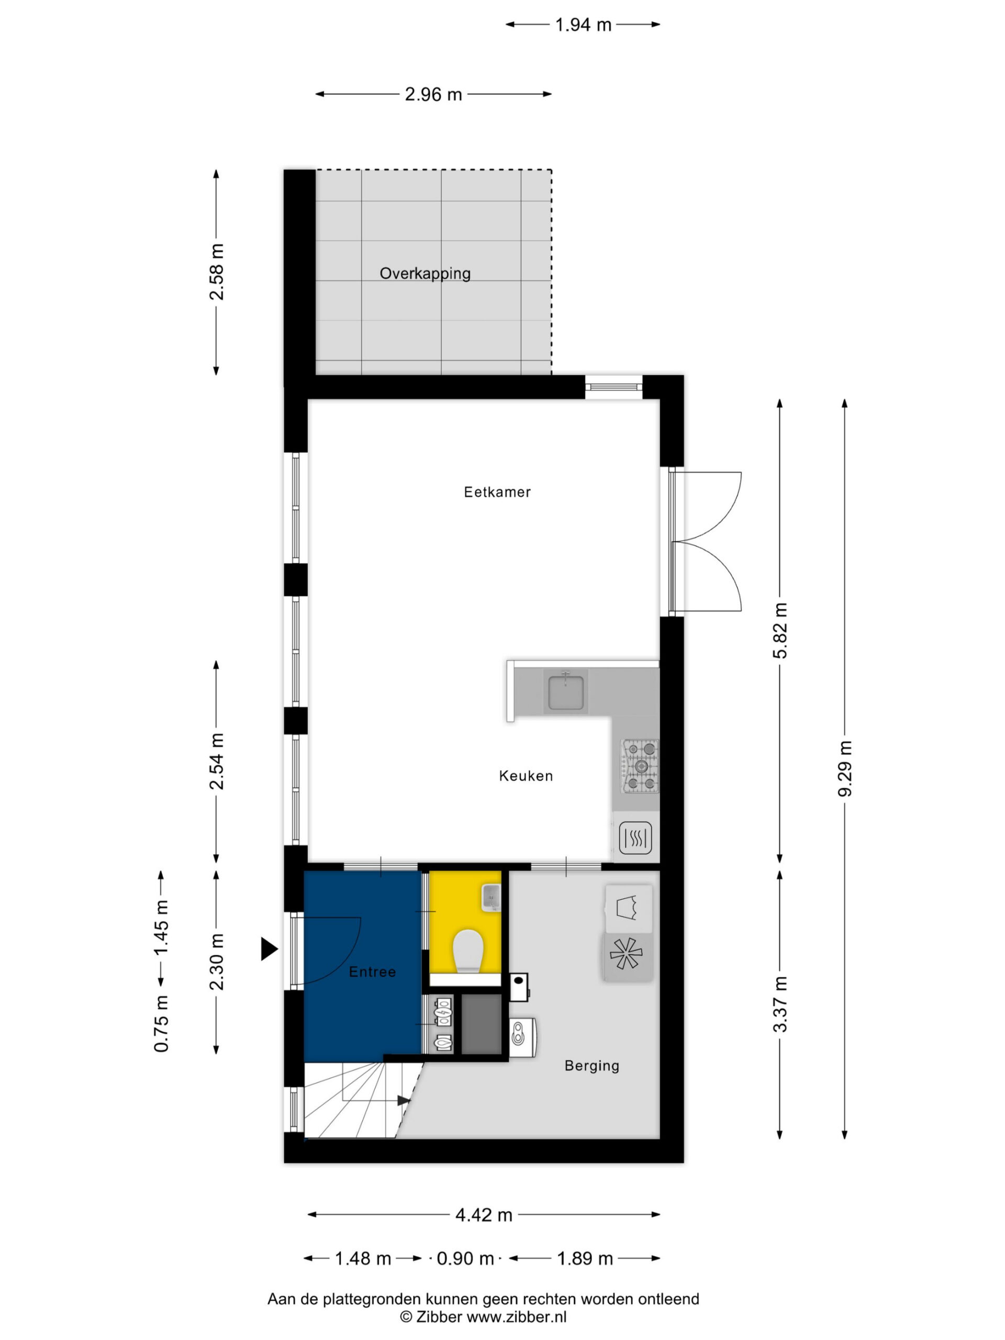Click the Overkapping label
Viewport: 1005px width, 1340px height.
[425, 273]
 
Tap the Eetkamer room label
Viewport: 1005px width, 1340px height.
[497, 492]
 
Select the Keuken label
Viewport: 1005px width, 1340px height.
[526, 776]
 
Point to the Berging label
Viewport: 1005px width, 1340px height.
[592, 1066]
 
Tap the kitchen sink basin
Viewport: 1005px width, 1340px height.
[566, 693]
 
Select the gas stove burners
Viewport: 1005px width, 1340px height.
[640, 766]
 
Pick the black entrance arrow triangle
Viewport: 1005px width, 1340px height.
[269, 948]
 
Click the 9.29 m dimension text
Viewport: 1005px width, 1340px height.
[844, 769]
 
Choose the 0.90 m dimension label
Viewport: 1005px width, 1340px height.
[465, 1258]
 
